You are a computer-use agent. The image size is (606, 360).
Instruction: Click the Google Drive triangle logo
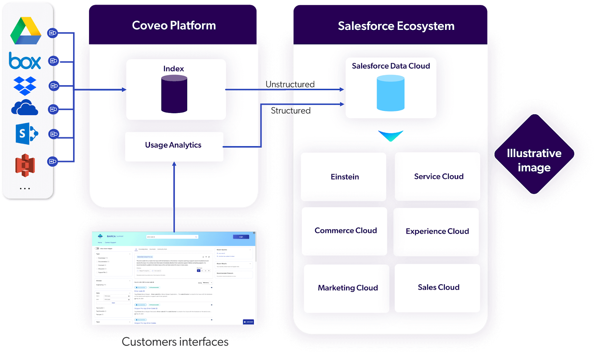pyautogui.click(x=25, y=31)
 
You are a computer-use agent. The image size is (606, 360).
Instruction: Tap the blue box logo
pyautogui.click(x=25, y=61)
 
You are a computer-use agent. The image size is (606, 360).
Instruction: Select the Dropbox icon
pyautogui.click(x=25, y=86)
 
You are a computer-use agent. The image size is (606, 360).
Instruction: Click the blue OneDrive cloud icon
pyautogui.click(x=25, y=108)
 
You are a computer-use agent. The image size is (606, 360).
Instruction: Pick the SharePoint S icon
pyautogui.click(x=26, y=134)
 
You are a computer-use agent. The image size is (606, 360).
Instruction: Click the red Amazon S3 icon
pyautogui.click(x=25, y=165)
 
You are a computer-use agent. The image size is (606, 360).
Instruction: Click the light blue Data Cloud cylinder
pyautogui.click(x=390, y=93)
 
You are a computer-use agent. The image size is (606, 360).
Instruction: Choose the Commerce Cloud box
pyautogui.click(x=345, y=231)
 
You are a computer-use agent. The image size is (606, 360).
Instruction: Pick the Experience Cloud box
pyautogui.click(x=436, y=232)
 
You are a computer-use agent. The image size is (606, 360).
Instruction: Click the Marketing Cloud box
pyautogui.click(x=347, y=288)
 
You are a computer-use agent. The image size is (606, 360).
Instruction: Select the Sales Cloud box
pyautogui.click(x=437, y=288)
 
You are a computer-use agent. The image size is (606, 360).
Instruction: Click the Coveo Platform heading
pyautogui.click(x=174, y=25)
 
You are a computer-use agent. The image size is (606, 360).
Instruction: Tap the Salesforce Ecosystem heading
pyautogui.click(x=396, y=26)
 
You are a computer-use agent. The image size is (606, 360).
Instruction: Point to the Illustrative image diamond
pyautogui.click(x=534, y=154)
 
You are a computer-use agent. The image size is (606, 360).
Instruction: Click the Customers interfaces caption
pyautogui.click(x=175, y=342)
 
